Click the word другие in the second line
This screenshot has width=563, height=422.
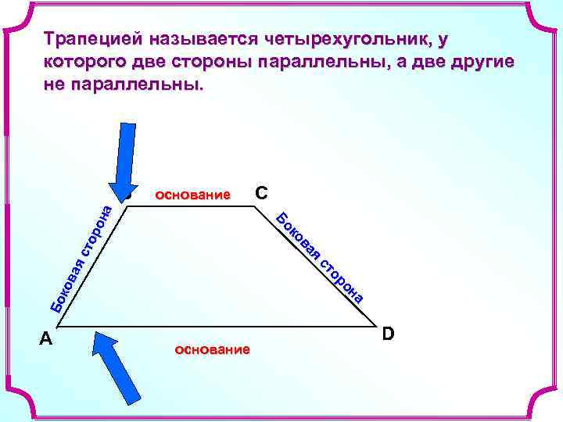pos(479,62)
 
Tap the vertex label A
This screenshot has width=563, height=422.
pos(46,338)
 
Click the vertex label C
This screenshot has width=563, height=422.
pos(262,192)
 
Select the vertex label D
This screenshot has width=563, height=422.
pos(389,334)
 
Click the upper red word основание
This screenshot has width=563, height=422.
pos(193,194)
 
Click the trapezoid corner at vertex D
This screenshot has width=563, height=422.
pos(375,324)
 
